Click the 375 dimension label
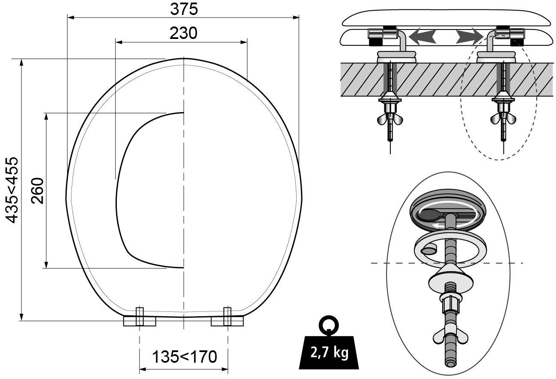[184, 9]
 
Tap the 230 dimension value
[184, 33]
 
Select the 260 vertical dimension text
[38, 190]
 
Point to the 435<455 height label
[12, 190]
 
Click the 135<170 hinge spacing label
[184, 357]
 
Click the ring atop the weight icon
[329, 326]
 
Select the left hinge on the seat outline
[140, 319]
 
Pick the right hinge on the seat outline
[227, 319]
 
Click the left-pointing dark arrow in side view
[422, 36]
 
